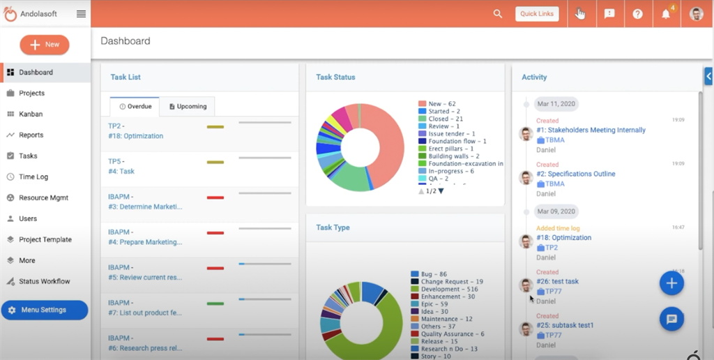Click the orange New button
pyautogui.click(x=45, y=45)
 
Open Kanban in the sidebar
pyautogui.click(x=30, y=114)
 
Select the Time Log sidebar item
pyautogui.click(x=33, y=177)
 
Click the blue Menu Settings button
pyautogui.click(x=45, y=310)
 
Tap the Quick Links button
pyautogui.click(x=537, y=14)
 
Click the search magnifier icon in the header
pyautogui.click(x=497, y=14)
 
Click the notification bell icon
pyautogui.click(x=666, y=14)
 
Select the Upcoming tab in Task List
pyautogui.click(x=188, y=107)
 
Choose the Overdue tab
pyautogui.click(x=135, y=107)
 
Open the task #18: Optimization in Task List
pyautogui.click(x=135, y=136)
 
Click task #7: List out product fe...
pyautogui.click(x=144, y=313)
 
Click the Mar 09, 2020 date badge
pyautogui.click(x=556, y=211)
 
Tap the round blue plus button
pyautogui.click(x=671, y=283)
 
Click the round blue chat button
pyautogui.click(x=671, y=319)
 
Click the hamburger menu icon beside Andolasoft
pyautogui.click(x=82, y=14)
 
